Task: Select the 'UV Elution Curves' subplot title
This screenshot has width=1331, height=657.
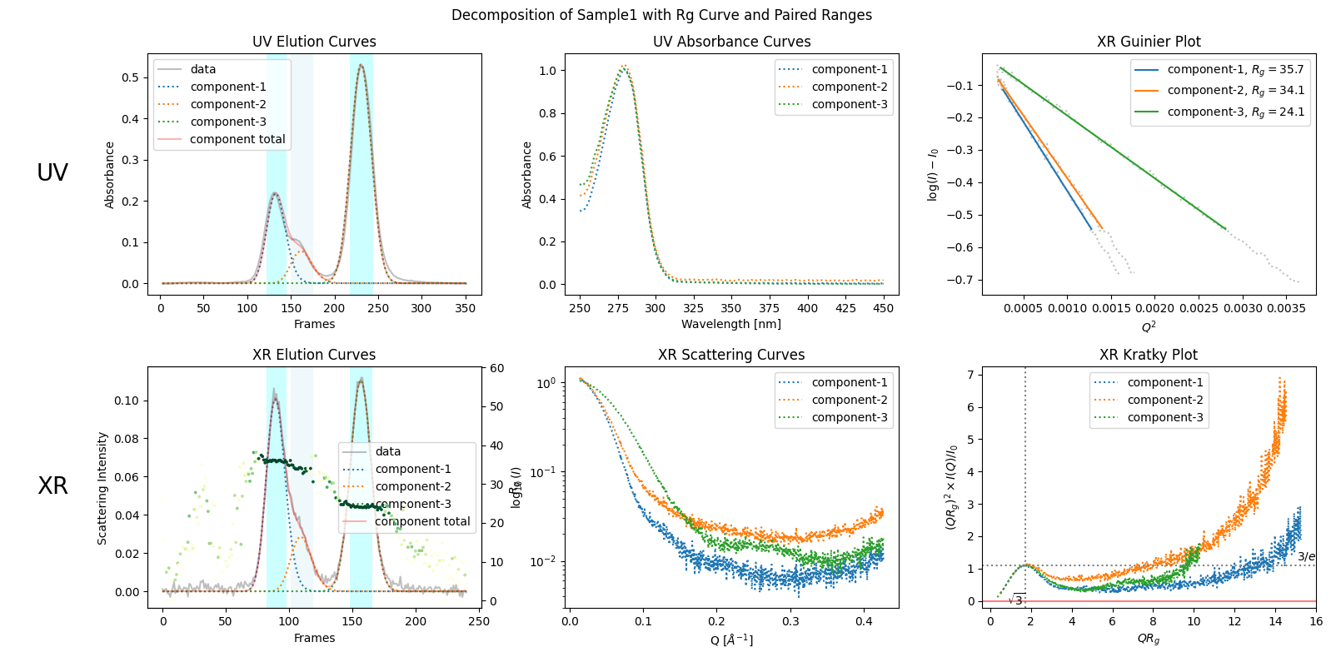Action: tap(314, 42)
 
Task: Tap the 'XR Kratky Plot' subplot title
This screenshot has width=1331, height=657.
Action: tap(1148, 355)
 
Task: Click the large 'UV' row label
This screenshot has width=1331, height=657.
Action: tap(52, 172)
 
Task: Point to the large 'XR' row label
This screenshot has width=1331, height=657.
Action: tap(52, 485)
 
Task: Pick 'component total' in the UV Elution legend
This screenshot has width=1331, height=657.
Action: tap(237, 139)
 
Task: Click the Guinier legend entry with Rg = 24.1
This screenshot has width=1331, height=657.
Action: tap(1235, 112)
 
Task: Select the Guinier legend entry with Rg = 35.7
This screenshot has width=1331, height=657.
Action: tap(1235, 69)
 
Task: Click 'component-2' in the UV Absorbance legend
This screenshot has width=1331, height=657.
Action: tap(849, 87)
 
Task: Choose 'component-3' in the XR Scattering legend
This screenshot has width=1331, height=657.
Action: tap(849, 417)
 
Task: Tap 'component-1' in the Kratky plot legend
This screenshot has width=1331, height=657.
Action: tap(1164, 382)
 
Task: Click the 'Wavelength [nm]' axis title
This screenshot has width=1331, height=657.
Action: tap(731, 324)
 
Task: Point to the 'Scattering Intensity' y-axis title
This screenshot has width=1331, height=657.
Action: tap(102, 488)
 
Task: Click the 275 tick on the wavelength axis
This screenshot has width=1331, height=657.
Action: tap(618, 308)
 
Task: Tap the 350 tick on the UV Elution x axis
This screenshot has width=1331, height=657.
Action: tap(465, 308)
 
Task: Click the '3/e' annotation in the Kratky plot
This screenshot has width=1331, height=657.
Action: tap(1306, 556)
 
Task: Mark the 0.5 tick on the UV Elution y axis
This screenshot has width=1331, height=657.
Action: tap(130, 77)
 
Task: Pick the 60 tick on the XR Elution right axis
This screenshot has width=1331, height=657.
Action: tap(496, 368)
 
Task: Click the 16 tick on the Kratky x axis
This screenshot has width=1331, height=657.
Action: tap(1315, 621)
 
